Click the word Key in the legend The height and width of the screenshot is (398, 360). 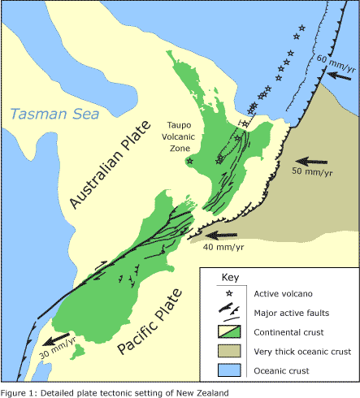point(220,277)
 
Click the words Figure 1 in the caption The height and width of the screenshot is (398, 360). point(19,392)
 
